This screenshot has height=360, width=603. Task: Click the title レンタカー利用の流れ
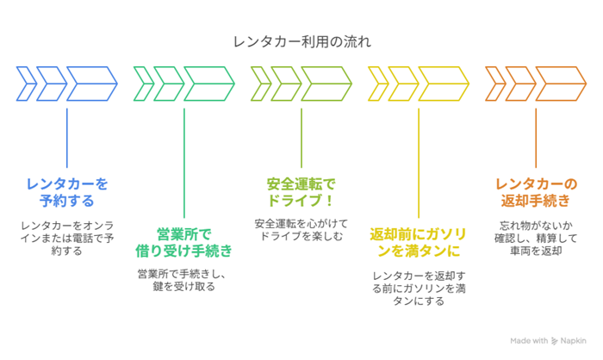click(301, 40)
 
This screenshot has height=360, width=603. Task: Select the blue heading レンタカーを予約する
click(67, 191)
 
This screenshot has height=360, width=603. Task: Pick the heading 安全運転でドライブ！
click(301, 191)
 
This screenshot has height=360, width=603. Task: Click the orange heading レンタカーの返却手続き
click(536, 191)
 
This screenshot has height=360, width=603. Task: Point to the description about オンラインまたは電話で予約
click(67, 238)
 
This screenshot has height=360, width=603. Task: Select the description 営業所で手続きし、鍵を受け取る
click(184, 280)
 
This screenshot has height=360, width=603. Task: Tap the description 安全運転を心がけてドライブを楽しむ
click(301, 229)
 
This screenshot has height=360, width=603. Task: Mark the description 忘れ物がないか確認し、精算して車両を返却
click(536, 238)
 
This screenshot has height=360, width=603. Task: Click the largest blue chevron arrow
click(91, 84)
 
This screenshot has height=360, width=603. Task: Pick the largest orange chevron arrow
click(560, 84)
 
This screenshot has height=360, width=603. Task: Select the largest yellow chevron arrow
click(443, 84)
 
